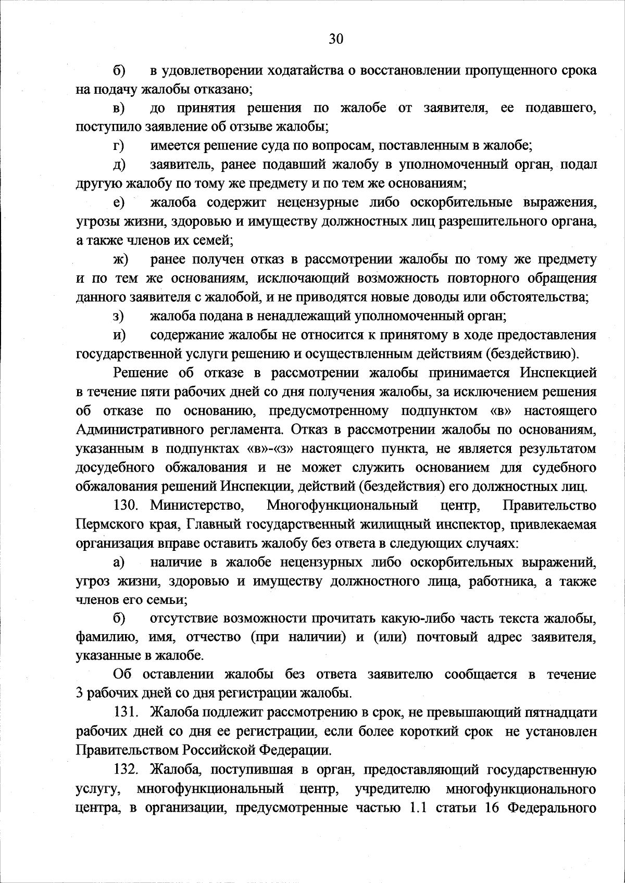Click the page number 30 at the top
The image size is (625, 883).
click(336, 39)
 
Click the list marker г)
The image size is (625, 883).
click(118, 146)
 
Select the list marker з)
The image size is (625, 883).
click(118, 316)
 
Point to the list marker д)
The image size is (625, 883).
click(118, 166)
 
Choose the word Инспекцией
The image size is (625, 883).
click(557, 373)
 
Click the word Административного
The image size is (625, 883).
click(140, 430)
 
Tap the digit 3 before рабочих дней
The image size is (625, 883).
click(79, 693)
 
